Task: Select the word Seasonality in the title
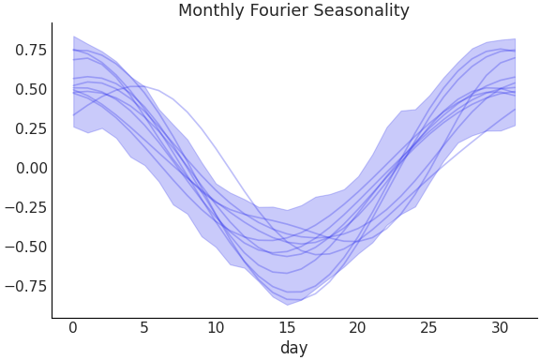[362, 11]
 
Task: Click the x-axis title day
[293, 348]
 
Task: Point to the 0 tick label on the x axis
[73, 327]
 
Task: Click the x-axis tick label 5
[144, 327]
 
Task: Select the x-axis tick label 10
[216, 327]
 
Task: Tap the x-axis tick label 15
[287, 327]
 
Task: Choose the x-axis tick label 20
[358, 327]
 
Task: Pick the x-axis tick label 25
[429, 327]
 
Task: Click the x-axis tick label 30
[501, 327]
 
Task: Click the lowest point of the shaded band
[287, 305]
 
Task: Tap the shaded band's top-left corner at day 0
[73, 37]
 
